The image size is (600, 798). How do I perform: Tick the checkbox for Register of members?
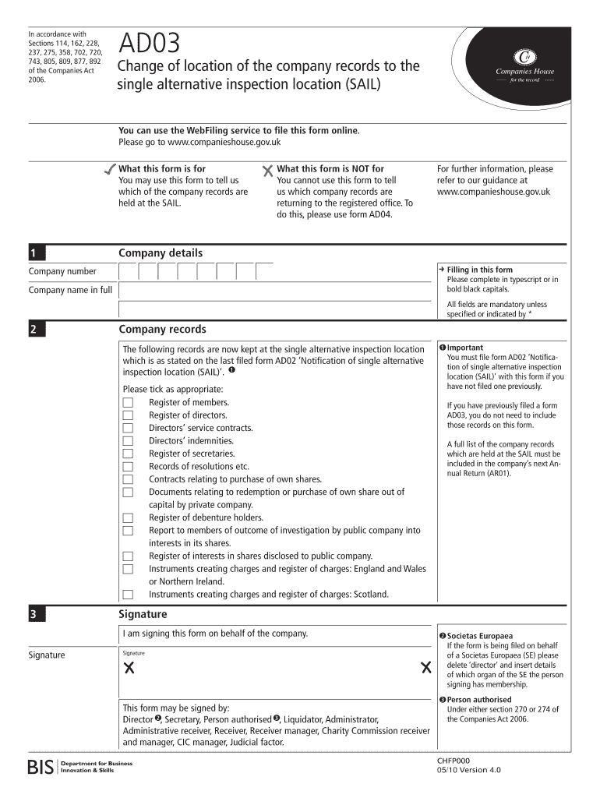[128, 402]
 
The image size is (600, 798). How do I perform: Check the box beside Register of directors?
[128, 415]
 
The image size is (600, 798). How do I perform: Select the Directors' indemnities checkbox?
[128, 441]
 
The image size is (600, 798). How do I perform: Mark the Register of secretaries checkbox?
[128, 454]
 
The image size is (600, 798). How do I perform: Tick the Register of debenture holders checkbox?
[128, 517]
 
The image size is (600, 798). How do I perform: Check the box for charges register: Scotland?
[128, 595]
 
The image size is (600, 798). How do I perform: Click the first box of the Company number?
[129, 271]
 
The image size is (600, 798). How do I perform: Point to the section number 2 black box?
[36, 330]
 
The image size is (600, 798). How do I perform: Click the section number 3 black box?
[36, 615]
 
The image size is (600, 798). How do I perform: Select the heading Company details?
[160, 253]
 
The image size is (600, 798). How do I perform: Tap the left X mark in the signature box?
[129, 668]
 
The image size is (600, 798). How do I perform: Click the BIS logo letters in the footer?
[41, 767]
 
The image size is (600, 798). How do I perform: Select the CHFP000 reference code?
[454, 760]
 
